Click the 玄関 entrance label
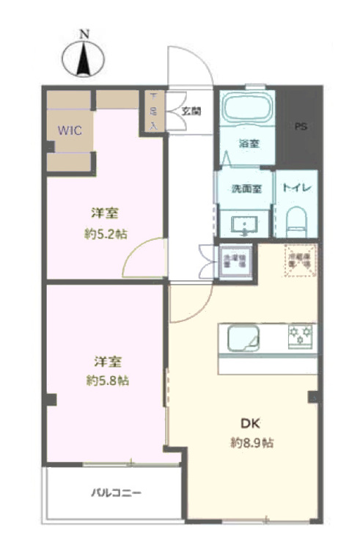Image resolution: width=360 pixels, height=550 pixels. pos(191,111)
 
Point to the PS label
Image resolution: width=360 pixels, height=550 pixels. pos(301,126)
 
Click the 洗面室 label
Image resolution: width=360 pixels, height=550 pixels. pos(246,188)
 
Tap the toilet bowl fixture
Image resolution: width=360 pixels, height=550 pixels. pos(296,219)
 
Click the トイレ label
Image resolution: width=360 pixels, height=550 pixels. pos(297,188)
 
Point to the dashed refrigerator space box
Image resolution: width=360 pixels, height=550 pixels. pos(301,260)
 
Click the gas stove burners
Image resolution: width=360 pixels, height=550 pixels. pos(300,336)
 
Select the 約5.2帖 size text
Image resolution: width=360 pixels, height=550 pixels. pos(106,235)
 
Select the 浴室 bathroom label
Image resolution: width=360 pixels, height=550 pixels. pos(247,144)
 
